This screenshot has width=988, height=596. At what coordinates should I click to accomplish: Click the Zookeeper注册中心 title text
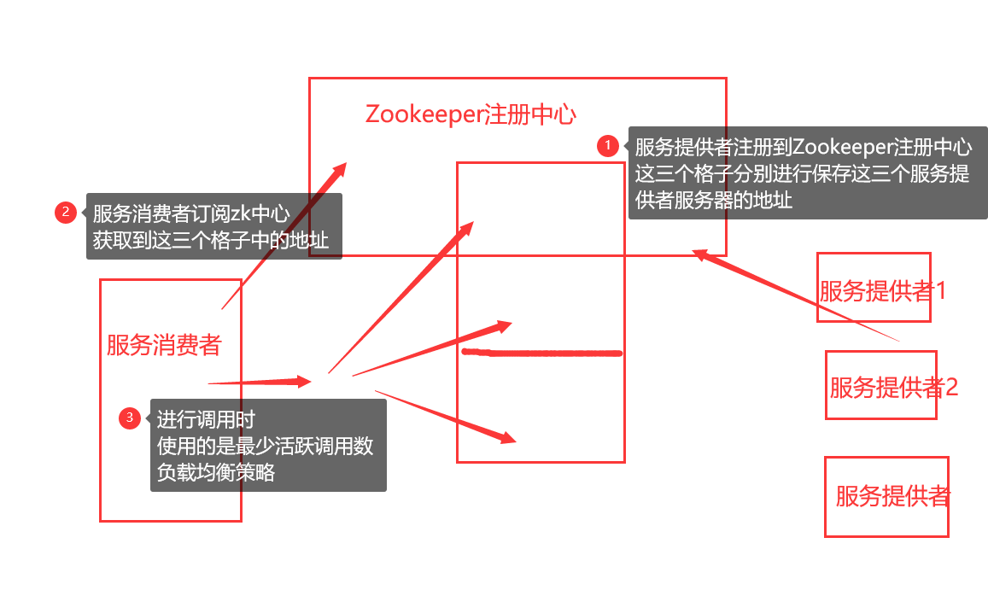click(471, 115)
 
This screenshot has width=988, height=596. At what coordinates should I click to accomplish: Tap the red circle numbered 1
click(607, 146)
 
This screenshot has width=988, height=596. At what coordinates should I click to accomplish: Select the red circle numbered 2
click(66, 212)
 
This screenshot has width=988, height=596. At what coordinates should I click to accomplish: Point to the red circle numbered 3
click(130, 418)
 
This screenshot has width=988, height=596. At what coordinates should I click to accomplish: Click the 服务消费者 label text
click(164, 345)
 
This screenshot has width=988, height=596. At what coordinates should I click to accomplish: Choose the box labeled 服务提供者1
click(874, 288)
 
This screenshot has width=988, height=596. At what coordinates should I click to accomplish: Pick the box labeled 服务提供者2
click(881, 385)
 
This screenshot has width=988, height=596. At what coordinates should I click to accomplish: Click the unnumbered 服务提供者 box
click(886, 496)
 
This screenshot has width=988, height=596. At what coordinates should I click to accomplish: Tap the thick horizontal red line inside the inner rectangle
click(541, 352)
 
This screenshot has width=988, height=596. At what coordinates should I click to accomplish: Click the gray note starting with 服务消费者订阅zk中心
click(213, 226)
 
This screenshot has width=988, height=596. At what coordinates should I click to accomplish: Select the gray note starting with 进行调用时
click(268, 446)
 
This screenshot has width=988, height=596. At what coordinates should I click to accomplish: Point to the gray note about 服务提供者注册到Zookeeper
click(807, 173)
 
